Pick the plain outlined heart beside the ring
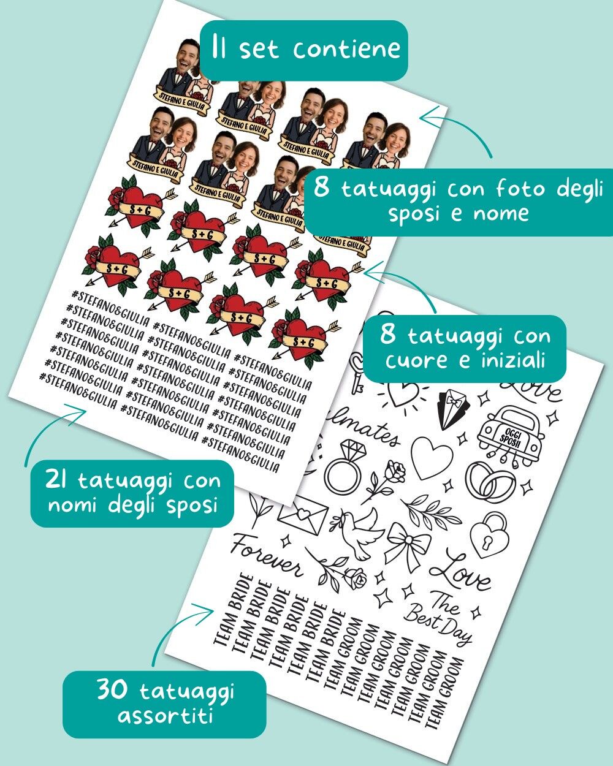431,458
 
